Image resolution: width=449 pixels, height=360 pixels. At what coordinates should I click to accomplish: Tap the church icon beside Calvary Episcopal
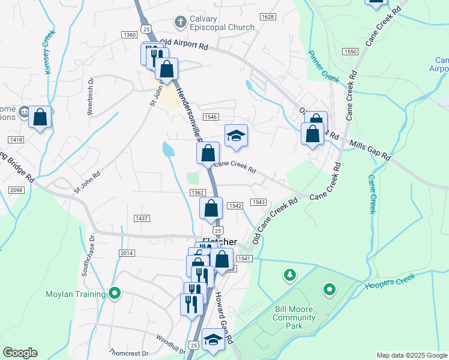point(179,22)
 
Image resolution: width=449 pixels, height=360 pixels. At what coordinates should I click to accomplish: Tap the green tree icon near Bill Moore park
point(290,275)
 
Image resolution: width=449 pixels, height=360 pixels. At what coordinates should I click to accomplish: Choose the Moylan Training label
point(76,294)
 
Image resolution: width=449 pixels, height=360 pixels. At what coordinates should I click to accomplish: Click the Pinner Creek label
point(323,66)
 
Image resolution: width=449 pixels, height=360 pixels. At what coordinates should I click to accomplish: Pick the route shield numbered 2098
point(16,190)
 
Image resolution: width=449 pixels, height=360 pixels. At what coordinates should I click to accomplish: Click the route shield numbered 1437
point(142,218)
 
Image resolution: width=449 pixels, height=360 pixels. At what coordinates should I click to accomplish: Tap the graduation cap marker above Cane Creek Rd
point(237,136)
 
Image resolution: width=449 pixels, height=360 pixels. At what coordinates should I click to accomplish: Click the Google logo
point(20,352)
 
